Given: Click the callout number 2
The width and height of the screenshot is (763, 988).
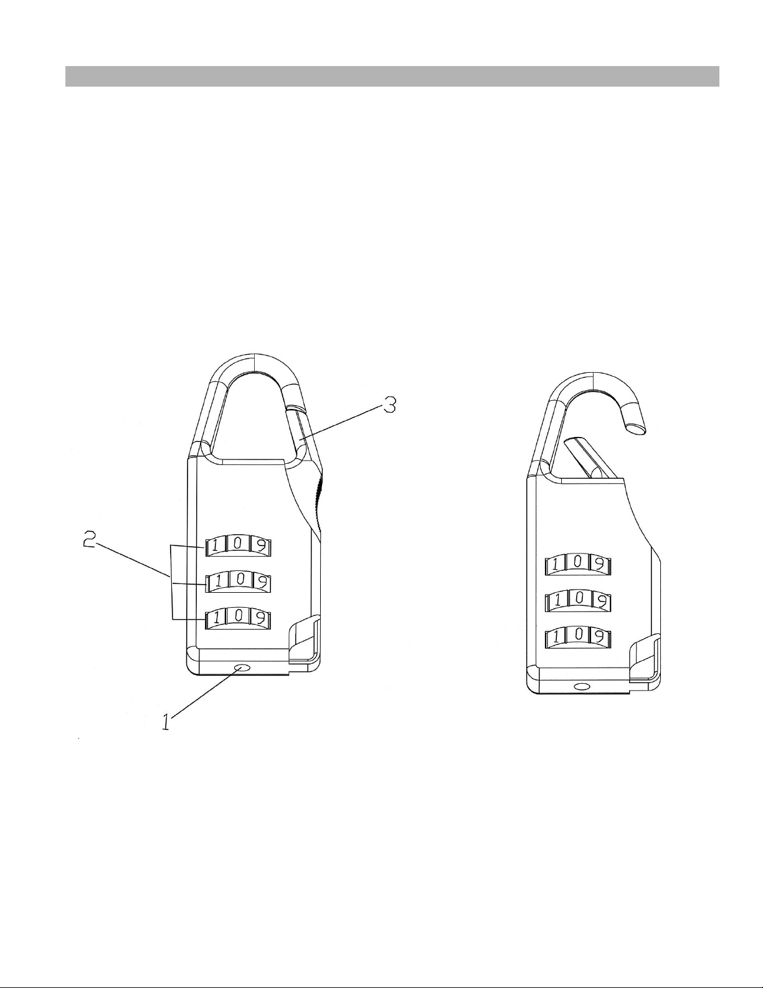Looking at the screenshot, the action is (90, 540).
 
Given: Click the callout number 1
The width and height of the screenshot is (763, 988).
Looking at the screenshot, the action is (167, 722).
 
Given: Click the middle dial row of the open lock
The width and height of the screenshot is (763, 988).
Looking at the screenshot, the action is (578, 601).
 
